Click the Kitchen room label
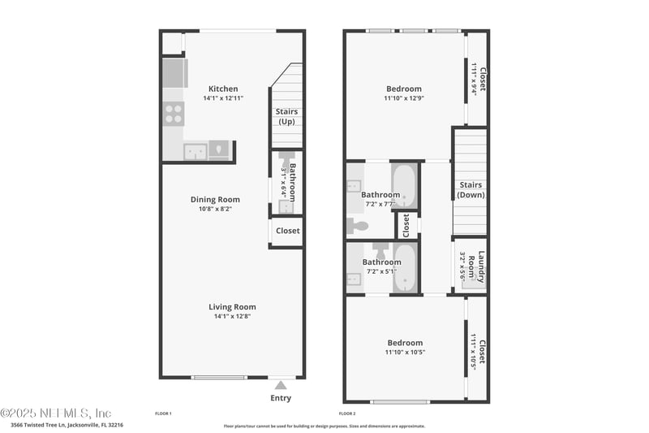[223, 89]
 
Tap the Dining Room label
[215, 200]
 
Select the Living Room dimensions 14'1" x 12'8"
[232, 317]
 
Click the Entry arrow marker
[281, 385]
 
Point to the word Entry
[281, 398]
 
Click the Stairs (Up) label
[286, 117]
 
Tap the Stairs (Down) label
[471, 190]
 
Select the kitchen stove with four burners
[174, 112]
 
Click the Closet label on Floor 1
[287, 231]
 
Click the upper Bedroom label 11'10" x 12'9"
[404, 89]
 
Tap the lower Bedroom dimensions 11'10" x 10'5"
[404, 353]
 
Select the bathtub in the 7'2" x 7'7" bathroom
[404, 187]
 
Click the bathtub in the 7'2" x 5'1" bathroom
[404, 267]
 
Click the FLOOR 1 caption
[163, 414]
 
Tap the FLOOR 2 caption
[347, 414]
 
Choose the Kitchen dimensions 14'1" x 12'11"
[223, 98]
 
